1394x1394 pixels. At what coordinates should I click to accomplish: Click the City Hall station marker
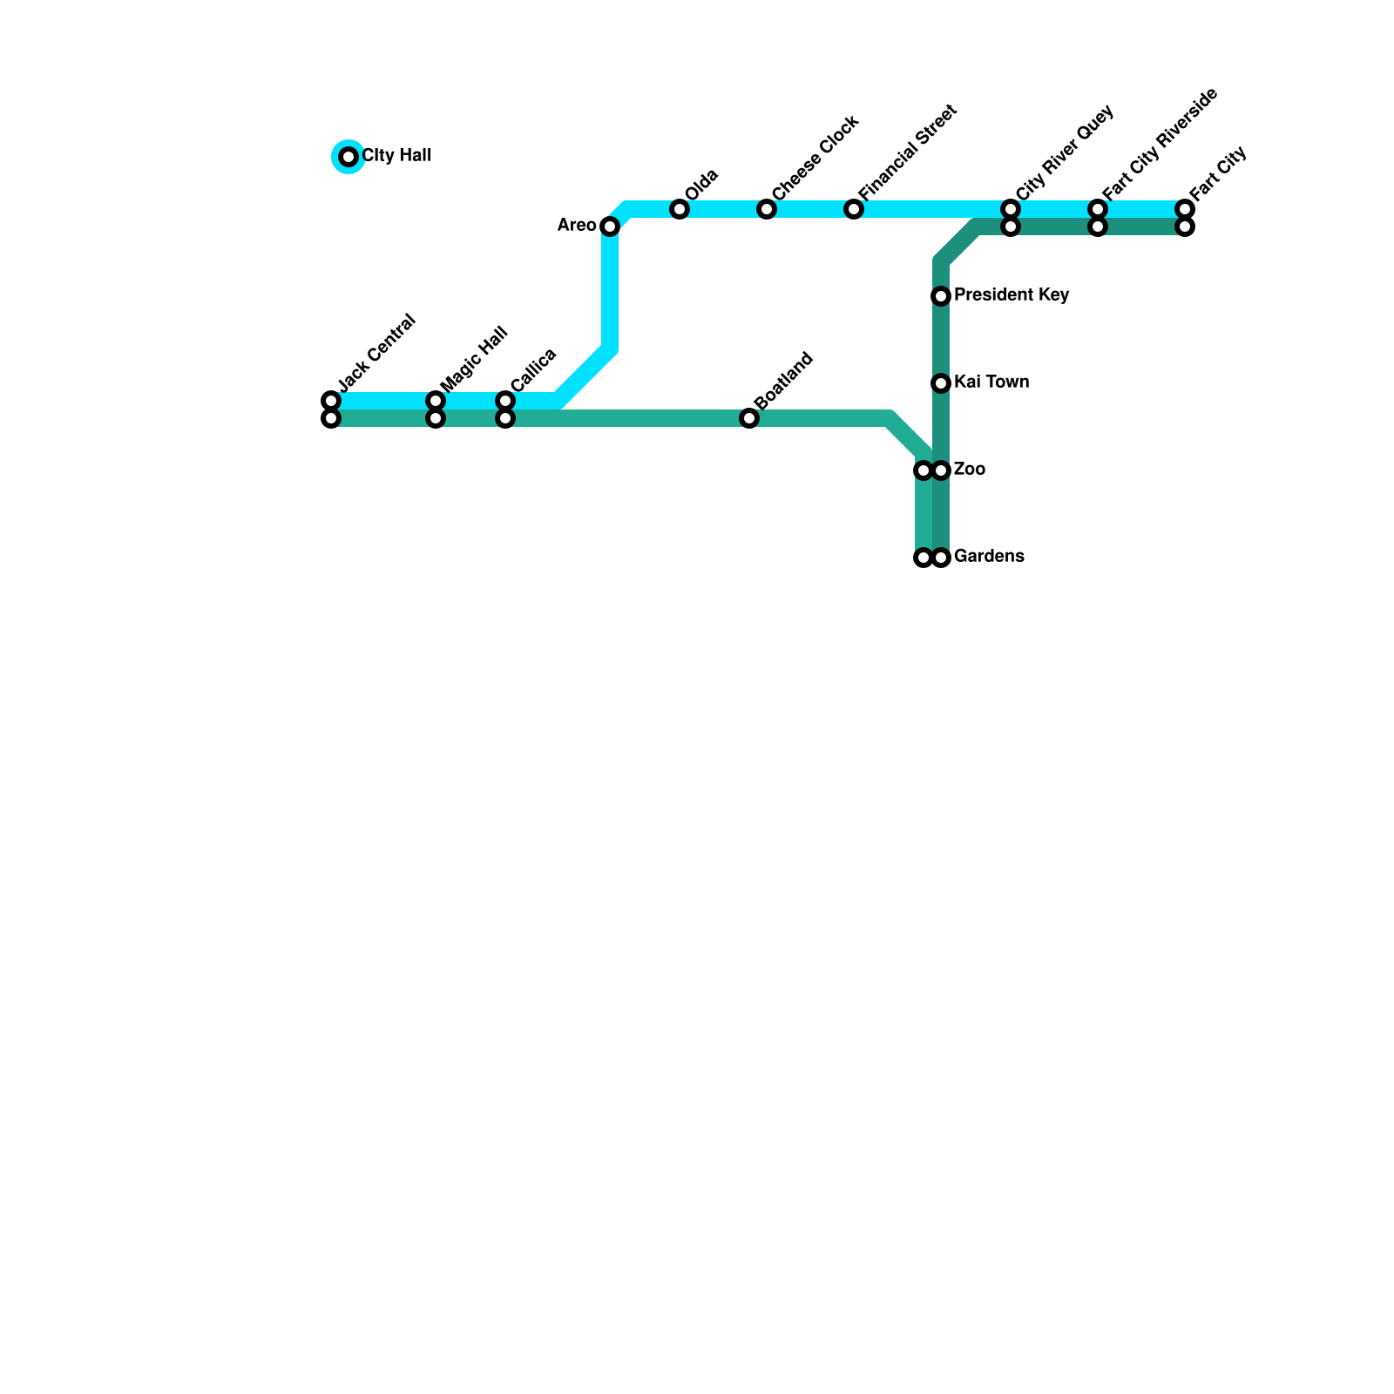[348, 157]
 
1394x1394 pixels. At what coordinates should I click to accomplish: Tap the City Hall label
[396, 156]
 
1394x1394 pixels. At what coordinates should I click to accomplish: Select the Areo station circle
[610, 227]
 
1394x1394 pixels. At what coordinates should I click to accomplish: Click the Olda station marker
[680, 209]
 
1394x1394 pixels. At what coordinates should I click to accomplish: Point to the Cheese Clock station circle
[767, 209]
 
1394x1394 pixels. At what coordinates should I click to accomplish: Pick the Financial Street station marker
[854, 209]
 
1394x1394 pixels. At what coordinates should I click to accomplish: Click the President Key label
[1012, 295]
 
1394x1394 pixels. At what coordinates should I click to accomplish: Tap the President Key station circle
[941, 296]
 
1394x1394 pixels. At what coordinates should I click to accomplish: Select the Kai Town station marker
[941, 383]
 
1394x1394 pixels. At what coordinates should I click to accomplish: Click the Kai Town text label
[991, 382]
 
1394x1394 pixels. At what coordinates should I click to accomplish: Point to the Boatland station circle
[749, 418]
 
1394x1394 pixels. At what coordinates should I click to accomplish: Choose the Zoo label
[970, 470]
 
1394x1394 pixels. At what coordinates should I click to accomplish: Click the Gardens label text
[989, 557]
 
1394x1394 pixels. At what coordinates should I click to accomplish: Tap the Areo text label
[577, 226]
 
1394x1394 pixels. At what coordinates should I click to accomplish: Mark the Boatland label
[784, 380]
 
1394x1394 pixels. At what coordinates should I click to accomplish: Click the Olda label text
[701, 185]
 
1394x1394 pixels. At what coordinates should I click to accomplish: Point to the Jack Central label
[376, 351]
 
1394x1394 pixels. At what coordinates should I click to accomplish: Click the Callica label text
[533, 369]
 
